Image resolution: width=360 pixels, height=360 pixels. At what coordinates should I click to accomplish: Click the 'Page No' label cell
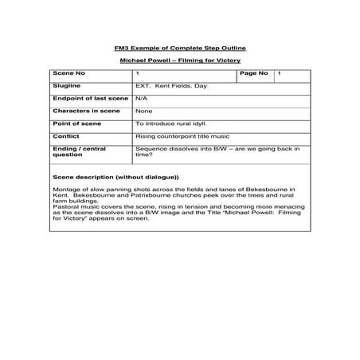[x=254, y=73]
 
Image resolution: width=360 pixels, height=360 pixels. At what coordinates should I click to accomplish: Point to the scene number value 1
[x=139, y=73]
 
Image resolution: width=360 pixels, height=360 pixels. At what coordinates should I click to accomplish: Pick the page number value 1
[x=279, y=73]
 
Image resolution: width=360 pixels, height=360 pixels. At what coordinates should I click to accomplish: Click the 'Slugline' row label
[x=65, y=85]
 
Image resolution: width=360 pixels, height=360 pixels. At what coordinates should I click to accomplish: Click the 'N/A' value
[x=142, y=98]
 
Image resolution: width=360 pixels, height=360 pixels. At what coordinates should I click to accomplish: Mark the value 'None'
[x=144, y=111]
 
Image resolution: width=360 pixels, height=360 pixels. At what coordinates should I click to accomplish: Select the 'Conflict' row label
[x=65, y=136]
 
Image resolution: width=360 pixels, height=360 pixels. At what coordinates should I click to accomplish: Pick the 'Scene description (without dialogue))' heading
[x=115, y=176]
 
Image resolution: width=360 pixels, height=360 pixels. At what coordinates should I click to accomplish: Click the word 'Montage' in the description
[x=65, y=189]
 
